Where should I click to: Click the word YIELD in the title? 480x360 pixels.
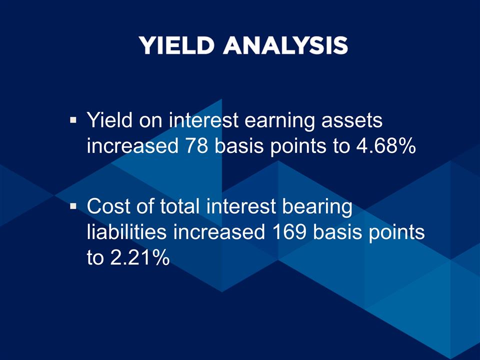tap(176, 45)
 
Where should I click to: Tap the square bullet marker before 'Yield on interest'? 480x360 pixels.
tap(73, 120)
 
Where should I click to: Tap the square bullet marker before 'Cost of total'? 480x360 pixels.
tap(73, 205)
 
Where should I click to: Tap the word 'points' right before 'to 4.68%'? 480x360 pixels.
tap(304, 146)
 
